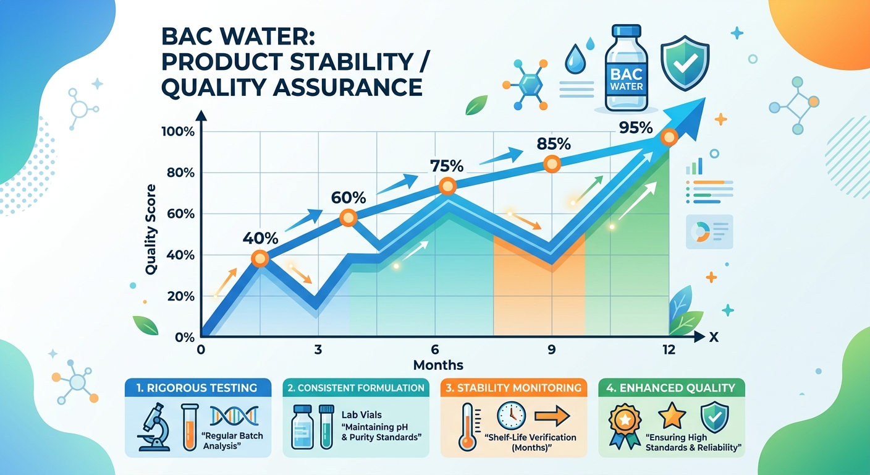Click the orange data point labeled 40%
tap(260, 259)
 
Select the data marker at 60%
tap(349, 217)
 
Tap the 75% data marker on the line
tap(447, 186)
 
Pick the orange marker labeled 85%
tap(551, 164)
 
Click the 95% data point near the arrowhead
tap(668, 137)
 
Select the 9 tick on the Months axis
tap(551, 349)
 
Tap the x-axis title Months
tap(438, 364)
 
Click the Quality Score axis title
tap(151, 229)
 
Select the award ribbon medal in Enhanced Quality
tap(625, 424)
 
